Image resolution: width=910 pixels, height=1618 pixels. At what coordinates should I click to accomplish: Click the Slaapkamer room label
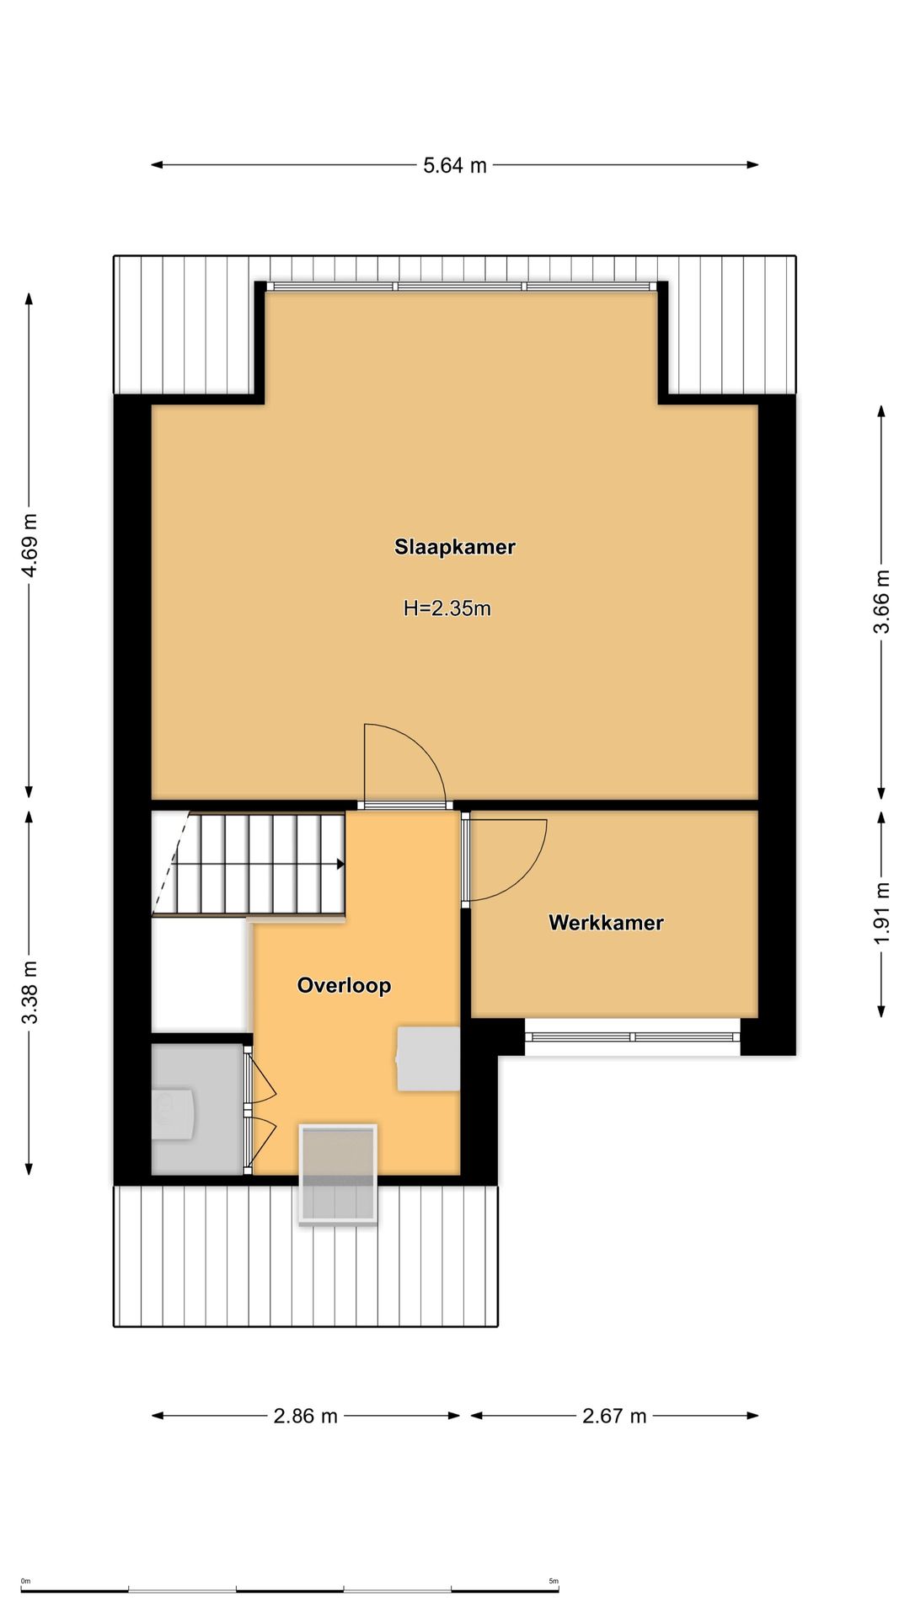pos(455,547)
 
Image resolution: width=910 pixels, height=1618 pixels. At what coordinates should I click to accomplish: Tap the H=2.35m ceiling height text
pos(447,608)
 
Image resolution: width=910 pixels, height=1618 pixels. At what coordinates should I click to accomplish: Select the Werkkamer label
pos(606,923)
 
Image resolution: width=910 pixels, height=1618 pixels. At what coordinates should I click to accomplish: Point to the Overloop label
pos(344,985)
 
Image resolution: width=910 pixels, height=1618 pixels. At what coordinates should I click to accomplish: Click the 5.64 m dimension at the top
pos(455,165)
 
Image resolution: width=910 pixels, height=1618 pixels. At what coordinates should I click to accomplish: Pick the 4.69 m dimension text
pos(29,545)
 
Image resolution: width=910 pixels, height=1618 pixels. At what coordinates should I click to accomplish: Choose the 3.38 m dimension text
pos(29,993)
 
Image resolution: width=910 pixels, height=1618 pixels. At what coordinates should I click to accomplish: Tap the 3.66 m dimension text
pos(881,602)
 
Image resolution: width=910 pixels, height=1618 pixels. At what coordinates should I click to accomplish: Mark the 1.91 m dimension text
pos(881,913)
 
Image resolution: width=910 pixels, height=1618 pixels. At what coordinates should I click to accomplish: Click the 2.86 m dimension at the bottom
pos(305,1416)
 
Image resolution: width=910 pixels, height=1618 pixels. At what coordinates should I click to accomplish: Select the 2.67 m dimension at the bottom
pos(614,1416)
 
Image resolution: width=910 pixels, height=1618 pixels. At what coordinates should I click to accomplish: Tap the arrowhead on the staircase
pos(340,864)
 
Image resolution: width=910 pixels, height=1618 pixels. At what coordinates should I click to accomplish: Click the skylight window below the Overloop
pos(337,1174)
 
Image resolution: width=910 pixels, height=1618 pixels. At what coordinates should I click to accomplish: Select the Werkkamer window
pos(633,1037)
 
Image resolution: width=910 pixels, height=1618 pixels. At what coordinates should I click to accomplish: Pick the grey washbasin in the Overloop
pos(428,1058)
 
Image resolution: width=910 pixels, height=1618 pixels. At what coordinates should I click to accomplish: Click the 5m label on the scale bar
pos(554,1581)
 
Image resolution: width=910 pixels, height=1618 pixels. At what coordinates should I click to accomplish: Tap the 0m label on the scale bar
pos(25,1581)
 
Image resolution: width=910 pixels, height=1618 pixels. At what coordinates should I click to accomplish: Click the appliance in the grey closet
pos(173,1114)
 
